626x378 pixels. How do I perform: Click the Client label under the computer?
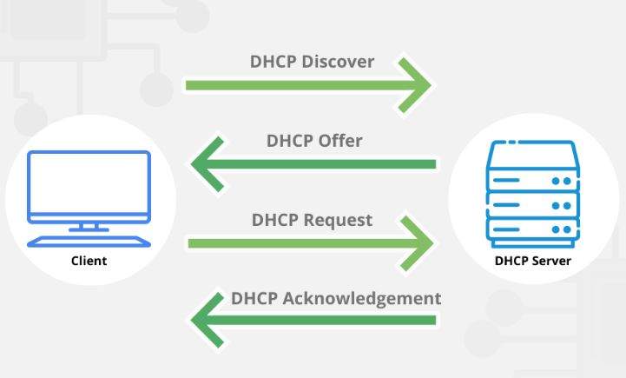click(x=89, y=260)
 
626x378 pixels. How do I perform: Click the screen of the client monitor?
click(x=89, y=185)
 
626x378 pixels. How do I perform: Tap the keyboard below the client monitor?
click(x=89, y=240)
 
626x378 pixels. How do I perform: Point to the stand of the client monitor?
click(x=89, y=226)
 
